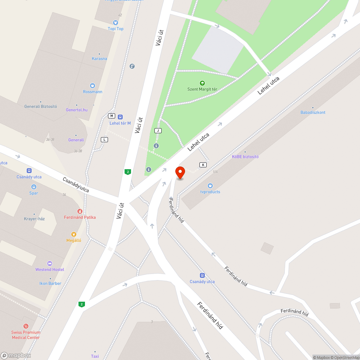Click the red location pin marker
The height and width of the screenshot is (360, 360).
(x=180, y=172)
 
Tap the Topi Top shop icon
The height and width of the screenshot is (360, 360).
(x=116, y=22)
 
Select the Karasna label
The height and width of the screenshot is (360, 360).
(x=99, y=59)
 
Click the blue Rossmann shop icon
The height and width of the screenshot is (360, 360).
(x=93, y=86)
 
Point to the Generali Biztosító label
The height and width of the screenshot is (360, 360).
(x=41, y=107)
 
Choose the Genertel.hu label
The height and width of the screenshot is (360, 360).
(x=77, y=110)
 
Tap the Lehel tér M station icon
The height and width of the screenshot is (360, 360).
(x=120, y=117)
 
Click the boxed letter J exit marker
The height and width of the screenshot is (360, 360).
(x=157, y=130)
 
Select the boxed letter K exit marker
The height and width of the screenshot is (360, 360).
(x=203, y=165)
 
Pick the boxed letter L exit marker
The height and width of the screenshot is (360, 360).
(x=104, y=139)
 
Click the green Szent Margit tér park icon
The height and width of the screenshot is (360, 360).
(x=202, y=83)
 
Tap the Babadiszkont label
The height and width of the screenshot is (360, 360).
(x=313, y=112)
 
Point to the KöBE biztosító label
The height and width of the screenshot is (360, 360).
(x=245, y=157)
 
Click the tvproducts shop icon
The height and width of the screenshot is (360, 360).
(x=210, y=186)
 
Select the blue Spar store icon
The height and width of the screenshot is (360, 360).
(x=33, y=187)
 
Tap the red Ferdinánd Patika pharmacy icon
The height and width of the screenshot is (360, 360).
(x=80, y=211)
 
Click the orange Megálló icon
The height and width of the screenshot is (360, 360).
(x=74, y=234)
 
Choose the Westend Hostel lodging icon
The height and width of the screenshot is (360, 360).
(x=50, y=264)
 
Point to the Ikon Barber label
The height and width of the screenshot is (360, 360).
(x=50, y=283)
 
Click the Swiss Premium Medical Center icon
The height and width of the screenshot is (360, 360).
(x=26, y=326)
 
